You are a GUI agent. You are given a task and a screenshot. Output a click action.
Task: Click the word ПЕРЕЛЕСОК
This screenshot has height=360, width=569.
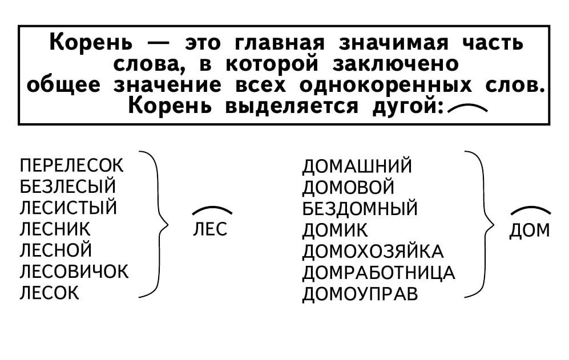click(71, 165)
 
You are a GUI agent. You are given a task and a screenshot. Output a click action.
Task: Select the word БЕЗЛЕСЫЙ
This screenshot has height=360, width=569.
click(68, 187)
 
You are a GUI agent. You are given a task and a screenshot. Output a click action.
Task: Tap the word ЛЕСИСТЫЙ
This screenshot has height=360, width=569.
click(68, 208)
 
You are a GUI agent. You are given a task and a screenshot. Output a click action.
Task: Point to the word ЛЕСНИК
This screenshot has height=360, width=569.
click(55, 229)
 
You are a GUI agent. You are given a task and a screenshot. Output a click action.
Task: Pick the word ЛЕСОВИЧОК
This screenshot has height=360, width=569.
click(74, 272)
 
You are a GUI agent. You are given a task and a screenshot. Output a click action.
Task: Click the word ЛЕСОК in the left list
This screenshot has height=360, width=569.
click(49, 293)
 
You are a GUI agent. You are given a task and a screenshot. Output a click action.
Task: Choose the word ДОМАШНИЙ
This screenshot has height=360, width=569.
click(357, 166)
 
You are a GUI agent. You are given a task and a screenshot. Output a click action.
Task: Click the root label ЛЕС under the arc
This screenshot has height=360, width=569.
click(210, 229)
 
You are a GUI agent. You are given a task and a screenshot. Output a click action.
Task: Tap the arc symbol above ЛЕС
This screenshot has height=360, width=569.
click(212, 208)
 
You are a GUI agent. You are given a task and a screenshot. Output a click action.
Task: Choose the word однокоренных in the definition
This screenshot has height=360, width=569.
click(386, 86)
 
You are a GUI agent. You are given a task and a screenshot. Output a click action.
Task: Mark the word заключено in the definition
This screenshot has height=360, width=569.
click(396, 65)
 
